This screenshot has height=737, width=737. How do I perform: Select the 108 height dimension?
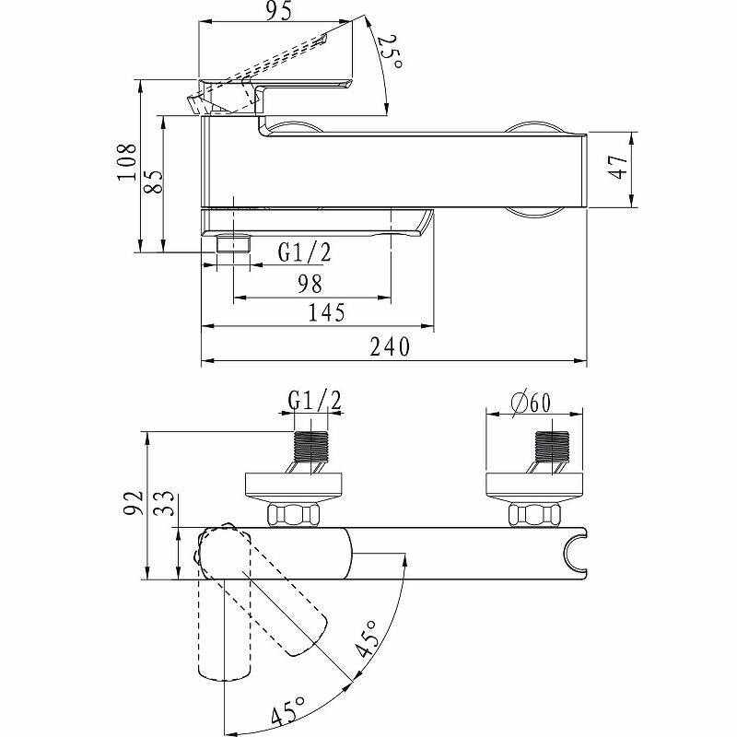pyautogui.click(x=128, y=163)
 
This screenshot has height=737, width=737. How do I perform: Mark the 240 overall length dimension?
pyautogui.click(x=390, y=346)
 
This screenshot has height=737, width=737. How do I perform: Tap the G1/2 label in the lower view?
pyautogui.click(x=315, y=400)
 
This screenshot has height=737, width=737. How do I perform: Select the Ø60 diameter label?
pyautogui.click(x=530, y=402)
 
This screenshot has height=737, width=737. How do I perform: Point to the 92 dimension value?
pyautogui.click(x=134, y=505)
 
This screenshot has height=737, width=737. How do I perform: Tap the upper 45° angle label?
pyautogui.click(x=368, y=637)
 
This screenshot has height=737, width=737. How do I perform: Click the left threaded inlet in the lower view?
pyautogui.click(x=310, y=450)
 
